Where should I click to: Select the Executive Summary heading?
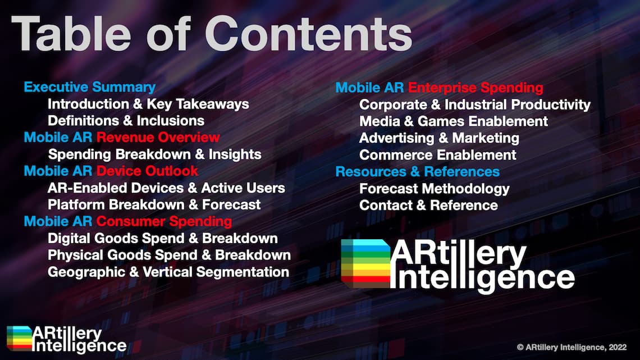[90, 88]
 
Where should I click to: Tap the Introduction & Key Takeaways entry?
[148, 104]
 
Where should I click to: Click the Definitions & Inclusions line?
[126, 121]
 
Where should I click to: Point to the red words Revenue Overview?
[158, 138]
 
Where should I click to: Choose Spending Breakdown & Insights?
[155, 154]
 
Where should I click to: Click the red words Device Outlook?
[147, 171]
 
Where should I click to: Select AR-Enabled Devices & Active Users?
[166, 188]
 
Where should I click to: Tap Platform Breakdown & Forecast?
[154, 204]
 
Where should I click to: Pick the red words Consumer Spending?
[164, 222]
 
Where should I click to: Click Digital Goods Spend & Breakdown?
[163, 238]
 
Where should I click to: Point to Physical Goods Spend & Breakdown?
[170, 255]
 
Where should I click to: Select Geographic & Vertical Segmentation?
[168, 272]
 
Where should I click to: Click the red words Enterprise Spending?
[476, 88]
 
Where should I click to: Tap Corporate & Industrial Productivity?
[475, 105]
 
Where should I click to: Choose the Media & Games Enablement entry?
[454, 121]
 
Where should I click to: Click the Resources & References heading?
[418, 172]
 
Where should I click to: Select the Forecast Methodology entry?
[435, 189]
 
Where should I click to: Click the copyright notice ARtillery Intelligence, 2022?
[572, 347]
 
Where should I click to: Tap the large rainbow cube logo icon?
[365, 263]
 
